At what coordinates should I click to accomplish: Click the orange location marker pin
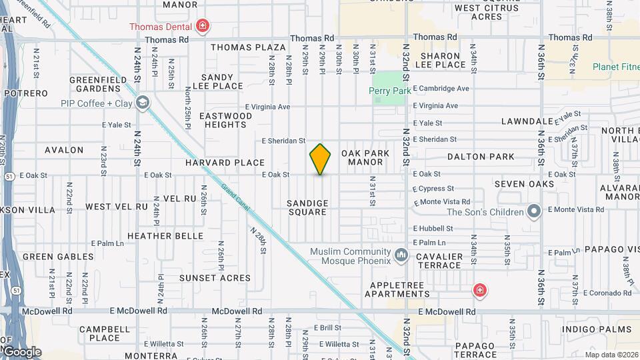tap(320, 159)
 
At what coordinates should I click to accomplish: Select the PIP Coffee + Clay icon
tap(142, 103)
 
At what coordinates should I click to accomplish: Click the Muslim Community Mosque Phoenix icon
tap(401, 256)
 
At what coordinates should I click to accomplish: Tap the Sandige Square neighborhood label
tap(307, 207)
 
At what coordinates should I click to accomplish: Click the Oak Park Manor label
tap(365, 157)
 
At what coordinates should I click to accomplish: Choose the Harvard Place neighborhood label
tap(225, 163)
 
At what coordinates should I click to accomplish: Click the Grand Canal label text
tap(235, 197)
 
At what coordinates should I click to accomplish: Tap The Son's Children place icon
tap(533, 212)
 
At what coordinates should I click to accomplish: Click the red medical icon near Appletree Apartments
tap(479, 290)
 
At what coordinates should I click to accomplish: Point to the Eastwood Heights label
tap(226, 120)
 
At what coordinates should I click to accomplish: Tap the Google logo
tap(21, 351)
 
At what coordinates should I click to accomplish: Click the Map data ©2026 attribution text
tap(611, 354)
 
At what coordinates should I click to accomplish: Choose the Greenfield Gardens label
tap(98, 85)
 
